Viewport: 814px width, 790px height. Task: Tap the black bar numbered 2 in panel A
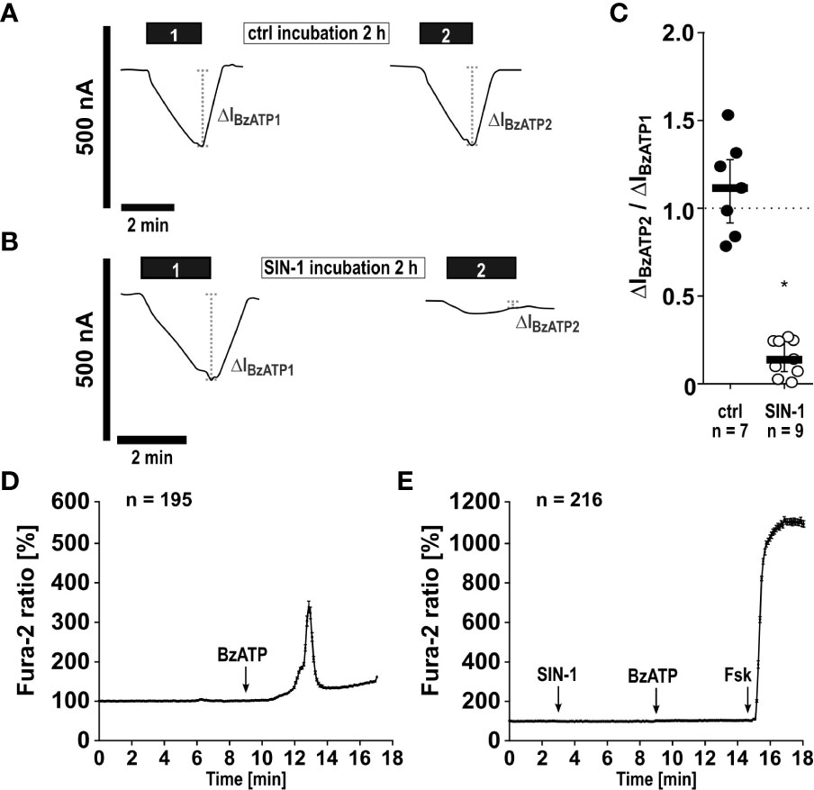pos(447,33)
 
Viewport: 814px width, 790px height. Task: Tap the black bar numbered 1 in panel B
pos(176,268)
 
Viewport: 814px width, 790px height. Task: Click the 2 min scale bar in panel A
pos(147,206)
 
